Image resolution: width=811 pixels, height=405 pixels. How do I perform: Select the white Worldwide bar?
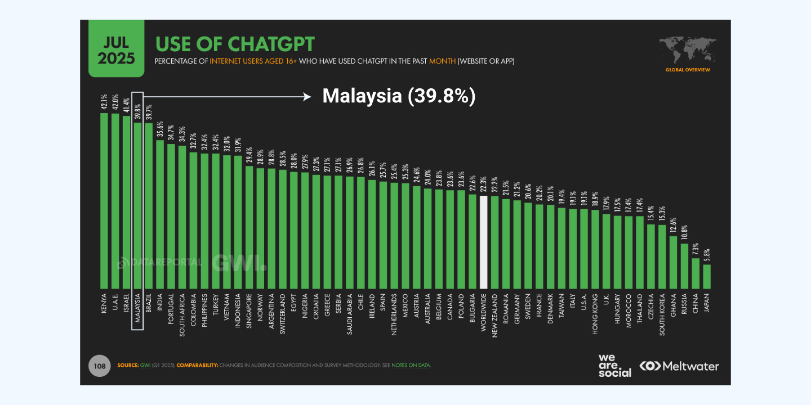click(483, 242)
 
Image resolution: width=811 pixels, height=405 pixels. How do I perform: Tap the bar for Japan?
click(707, 276)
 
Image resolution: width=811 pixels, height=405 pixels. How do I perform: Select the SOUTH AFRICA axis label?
click(182, 315)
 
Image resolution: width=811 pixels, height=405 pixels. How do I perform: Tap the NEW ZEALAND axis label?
click(494, 315)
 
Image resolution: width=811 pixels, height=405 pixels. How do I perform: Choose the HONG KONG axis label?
click(595, 314)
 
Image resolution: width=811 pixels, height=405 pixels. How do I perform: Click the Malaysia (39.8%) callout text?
click(399, 96)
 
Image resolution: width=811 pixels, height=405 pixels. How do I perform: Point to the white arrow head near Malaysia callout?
click(308, 96)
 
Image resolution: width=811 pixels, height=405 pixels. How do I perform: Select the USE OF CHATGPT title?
click(235, 44)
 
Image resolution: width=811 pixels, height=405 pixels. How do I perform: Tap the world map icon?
click(688, 49)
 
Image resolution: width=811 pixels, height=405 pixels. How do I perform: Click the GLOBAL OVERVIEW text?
click(688, 70)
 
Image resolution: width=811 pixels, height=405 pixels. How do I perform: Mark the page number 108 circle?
click(100, 366)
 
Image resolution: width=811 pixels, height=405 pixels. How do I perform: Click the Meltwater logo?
click(679, 366)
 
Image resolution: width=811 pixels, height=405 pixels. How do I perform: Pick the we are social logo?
click(614, 366)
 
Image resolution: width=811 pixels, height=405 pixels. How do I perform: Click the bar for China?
click(696, 273)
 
